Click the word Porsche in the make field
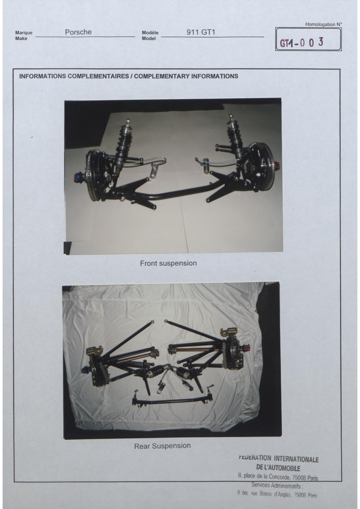78,32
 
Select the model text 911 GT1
201,32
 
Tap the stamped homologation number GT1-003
301,43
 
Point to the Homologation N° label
323,24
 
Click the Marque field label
24,33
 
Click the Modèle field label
150,33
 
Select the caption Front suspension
168,263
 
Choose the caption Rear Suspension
162,446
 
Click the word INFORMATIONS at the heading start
42,76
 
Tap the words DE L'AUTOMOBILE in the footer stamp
278,468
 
